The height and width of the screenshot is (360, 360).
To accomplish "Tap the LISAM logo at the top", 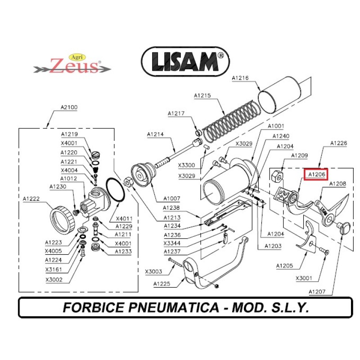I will click(x=185, y=61).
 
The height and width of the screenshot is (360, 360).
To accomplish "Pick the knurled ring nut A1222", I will click(x=62, y=219).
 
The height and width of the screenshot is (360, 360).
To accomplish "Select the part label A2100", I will click(x=69, y=108).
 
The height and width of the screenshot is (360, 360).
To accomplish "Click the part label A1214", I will click(x=155, y=135).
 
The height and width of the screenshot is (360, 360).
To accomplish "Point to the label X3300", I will click(x=186, y=165).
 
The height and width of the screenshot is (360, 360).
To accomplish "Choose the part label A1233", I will click(x=123, y=252).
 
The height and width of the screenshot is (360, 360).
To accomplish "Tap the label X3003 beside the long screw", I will click(x=154, y=271).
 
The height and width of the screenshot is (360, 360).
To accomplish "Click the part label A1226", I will click(x=338, y=144).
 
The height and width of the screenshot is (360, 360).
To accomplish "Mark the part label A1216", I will click(x=240, y=78).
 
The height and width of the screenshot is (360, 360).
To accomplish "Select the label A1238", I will click(x=172, y=208).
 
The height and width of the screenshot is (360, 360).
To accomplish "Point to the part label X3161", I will click(x=54, y=270).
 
